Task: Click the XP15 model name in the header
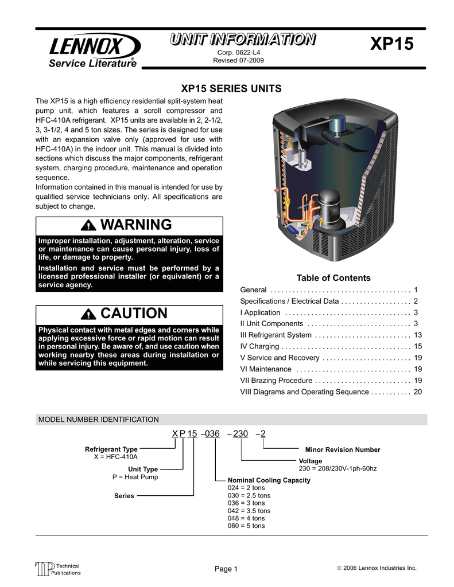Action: click(x=392, y=45)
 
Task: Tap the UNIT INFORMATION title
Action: click(x=242, y=40)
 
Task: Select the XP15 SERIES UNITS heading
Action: click(x=231, y=89)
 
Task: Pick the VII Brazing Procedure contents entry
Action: click(x=276, y=380)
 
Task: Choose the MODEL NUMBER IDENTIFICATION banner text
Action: click(x=98, y=420)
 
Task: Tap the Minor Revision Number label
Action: click(x=342, y=450)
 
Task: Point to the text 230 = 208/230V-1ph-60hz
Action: click(x=337, y=468)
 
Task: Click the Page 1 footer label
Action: click(x=226, y=569)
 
